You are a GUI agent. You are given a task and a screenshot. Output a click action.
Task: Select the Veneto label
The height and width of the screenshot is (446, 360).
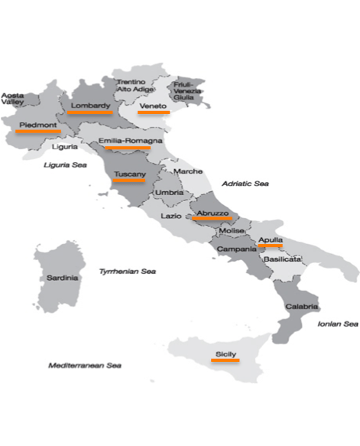point(152,105)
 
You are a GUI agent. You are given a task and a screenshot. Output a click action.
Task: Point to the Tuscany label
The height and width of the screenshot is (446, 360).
point(129,174)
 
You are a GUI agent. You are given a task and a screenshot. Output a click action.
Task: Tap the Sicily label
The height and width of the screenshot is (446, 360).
point(225,353)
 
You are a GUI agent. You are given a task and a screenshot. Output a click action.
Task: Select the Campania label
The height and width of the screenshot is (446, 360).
point(236,249)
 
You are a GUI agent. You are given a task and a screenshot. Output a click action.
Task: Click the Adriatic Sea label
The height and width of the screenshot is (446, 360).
point(245,184)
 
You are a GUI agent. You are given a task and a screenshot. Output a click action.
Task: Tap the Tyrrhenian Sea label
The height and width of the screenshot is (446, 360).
point(128,271)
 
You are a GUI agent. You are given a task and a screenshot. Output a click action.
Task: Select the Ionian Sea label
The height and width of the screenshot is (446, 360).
point(337,324)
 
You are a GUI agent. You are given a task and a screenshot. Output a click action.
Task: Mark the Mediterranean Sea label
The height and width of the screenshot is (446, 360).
point(85,365)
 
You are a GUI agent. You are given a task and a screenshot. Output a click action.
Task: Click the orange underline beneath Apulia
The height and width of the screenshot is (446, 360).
point(271,247)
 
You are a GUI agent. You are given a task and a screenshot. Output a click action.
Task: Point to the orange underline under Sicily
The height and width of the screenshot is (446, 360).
point(225,360)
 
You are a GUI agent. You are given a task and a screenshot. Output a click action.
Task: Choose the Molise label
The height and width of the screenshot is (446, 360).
point(231,230)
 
